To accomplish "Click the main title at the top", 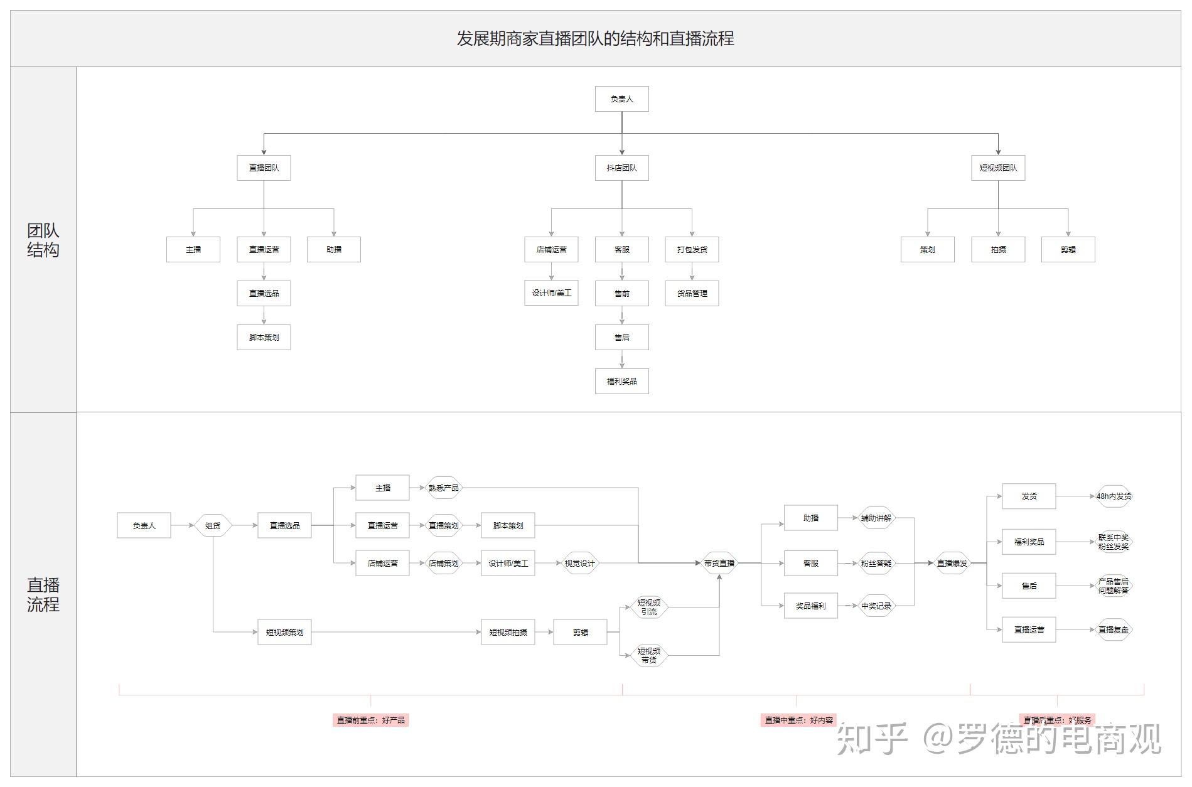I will click(595, 39).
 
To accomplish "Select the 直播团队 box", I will click(264, 168).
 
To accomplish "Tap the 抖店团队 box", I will click(621, 168).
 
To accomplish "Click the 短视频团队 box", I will click(998, 168).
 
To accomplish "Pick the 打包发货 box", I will click(692, 249).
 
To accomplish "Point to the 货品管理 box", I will click(692, 293).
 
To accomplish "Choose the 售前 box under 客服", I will click(621, 293).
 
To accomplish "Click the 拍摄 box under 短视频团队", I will click(998, 249).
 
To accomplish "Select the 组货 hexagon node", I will click(213, 525).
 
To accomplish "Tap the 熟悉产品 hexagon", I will click(443, 488).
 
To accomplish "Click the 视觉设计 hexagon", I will click(579, 563).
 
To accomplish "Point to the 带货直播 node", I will click(719, 563).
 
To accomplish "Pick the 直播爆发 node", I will click(952, 563).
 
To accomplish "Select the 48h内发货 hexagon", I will click(1114, 496).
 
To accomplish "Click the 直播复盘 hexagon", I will click(1114, 629).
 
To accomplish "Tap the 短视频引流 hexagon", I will click(648, 607).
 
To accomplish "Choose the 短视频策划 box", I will click(284, 632).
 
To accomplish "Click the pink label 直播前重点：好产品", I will click(370, 720).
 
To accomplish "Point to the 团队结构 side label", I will click(43, 240).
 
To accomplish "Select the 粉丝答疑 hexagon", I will click(876, 563).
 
